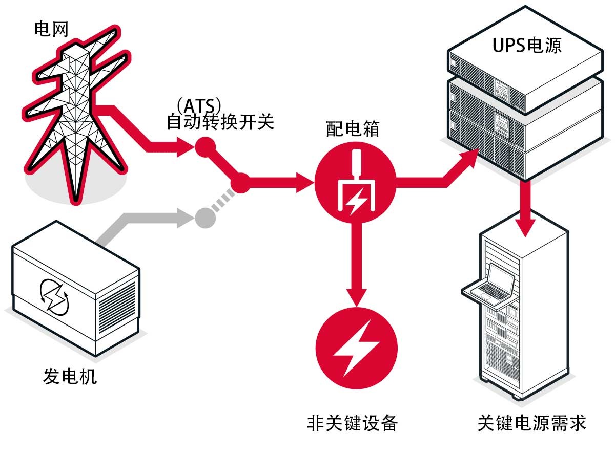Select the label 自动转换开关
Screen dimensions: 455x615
[x=220, y=123]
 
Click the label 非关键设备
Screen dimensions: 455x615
[x=352, y=423]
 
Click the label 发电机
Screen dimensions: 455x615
[x=69, y=377]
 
